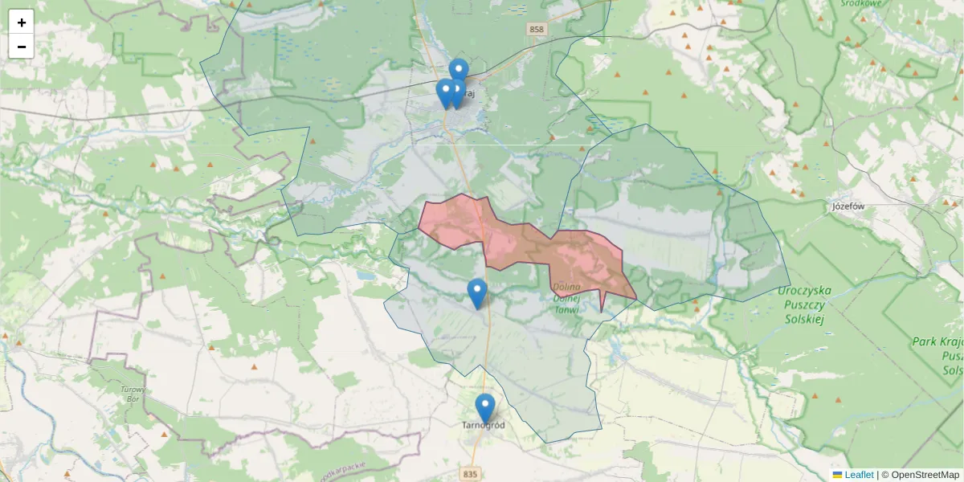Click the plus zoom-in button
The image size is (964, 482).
(22, 22)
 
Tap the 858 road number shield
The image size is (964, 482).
(537, 29)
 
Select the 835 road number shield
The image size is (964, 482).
(470, 475)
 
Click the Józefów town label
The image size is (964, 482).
(848, 206)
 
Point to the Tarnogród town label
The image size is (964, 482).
(484, 425)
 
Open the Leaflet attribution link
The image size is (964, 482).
(859, 475)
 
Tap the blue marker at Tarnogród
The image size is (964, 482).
(484, 407)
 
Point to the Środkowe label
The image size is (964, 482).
(856, 2)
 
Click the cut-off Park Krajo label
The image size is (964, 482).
(937, 342)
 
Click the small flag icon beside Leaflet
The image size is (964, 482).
(837, 475)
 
